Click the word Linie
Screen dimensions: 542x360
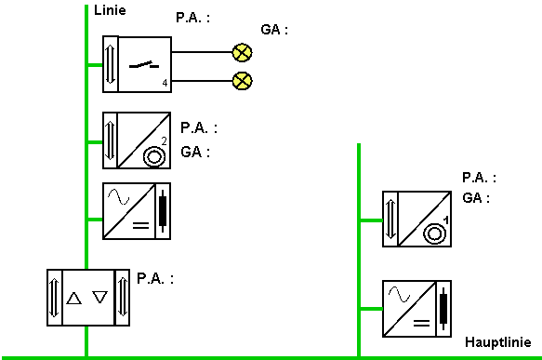(110, 10)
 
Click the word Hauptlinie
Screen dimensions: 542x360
(498, 342)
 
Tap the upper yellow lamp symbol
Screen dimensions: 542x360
(242, 53)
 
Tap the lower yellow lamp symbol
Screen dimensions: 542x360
(243, 81)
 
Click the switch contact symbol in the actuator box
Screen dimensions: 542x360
(144, 65)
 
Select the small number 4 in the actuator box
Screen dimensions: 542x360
(165, 83)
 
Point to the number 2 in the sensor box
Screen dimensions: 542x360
(164, 141)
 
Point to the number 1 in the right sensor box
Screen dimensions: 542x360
(446, 220)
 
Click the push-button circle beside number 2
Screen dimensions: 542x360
(154, 156)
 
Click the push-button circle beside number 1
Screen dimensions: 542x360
(434, 234)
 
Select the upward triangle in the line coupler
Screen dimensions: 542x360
(73, 298)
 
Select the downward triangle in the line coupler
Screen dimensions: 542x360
(99, 297)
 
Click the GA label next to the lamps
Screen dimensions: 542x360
(274, 30)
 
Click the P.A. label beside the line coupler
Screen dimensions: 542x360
(155, 278)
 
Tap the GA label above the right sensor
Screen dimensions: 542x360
(476, 198)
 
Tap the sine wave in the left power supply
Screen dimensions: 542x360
(119, 197)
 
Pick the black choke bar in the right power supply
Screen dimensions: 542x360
(443, 309)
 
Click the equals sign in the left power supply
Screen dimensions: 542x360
(141, 226)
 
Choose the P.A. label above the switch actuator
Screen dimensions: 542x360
(192, 18)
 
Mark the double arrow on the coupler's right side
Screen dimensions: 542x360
(123, 298)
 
